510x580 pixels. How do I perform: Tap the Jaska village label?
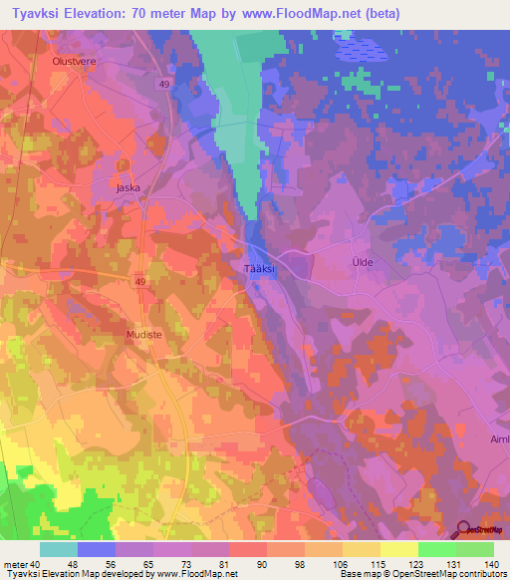click(127, 186)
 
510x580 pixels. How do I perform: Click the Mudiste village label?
click(144, 335)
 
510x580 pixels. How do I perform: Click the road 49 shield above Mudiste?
click(142, 283)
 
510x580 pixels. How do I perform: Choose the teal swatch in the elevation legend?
click(59, 549)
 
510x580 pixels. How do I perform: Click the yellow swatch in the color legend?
click(398, 549)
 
